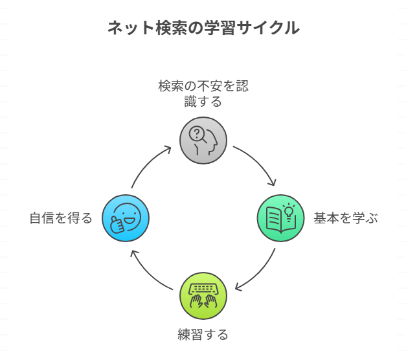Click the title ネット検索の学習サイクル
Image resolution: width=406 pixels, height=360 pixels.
click(x=203, y=28)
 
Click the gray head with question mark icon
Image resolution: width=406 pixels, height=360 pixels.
click(x=203, y=140)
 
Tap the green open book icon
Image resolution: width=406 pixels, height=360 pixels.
click(x=281, y=218)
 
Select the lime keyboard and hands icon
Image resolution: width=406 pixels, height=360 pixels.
click(x=203, y=296)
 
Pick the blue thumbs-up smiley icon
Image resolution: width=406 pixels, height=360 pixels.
click(x=126, y=218)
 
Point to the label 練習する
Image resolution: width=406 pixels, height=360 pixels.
click(x=203, y=335)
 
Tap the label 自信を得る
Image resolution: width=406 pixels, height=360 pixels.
click(x=61, y=218)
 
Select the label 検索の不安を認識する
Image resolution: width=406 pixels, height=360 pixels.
click(x=203, y=93)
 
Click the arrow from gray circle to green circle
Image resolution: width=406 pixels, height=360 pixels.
click(x=259, y=164)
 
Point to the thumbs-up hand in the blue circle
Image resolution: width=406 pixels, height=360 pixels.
click(x=117, y=224)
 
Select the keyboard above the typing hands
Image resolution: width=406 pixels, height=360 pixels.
click(x=203, y=289)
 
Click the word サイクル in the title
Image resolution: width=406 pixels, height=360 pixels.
click(x=272, y=28)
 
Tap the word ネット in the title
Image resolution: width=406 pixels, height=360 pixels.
click(x=127, y=28)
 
